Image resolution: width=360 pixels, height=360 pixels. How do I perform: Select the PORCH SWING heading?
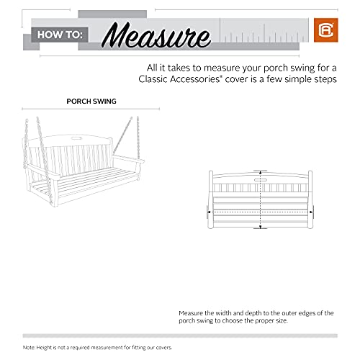tap(91, 102)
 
